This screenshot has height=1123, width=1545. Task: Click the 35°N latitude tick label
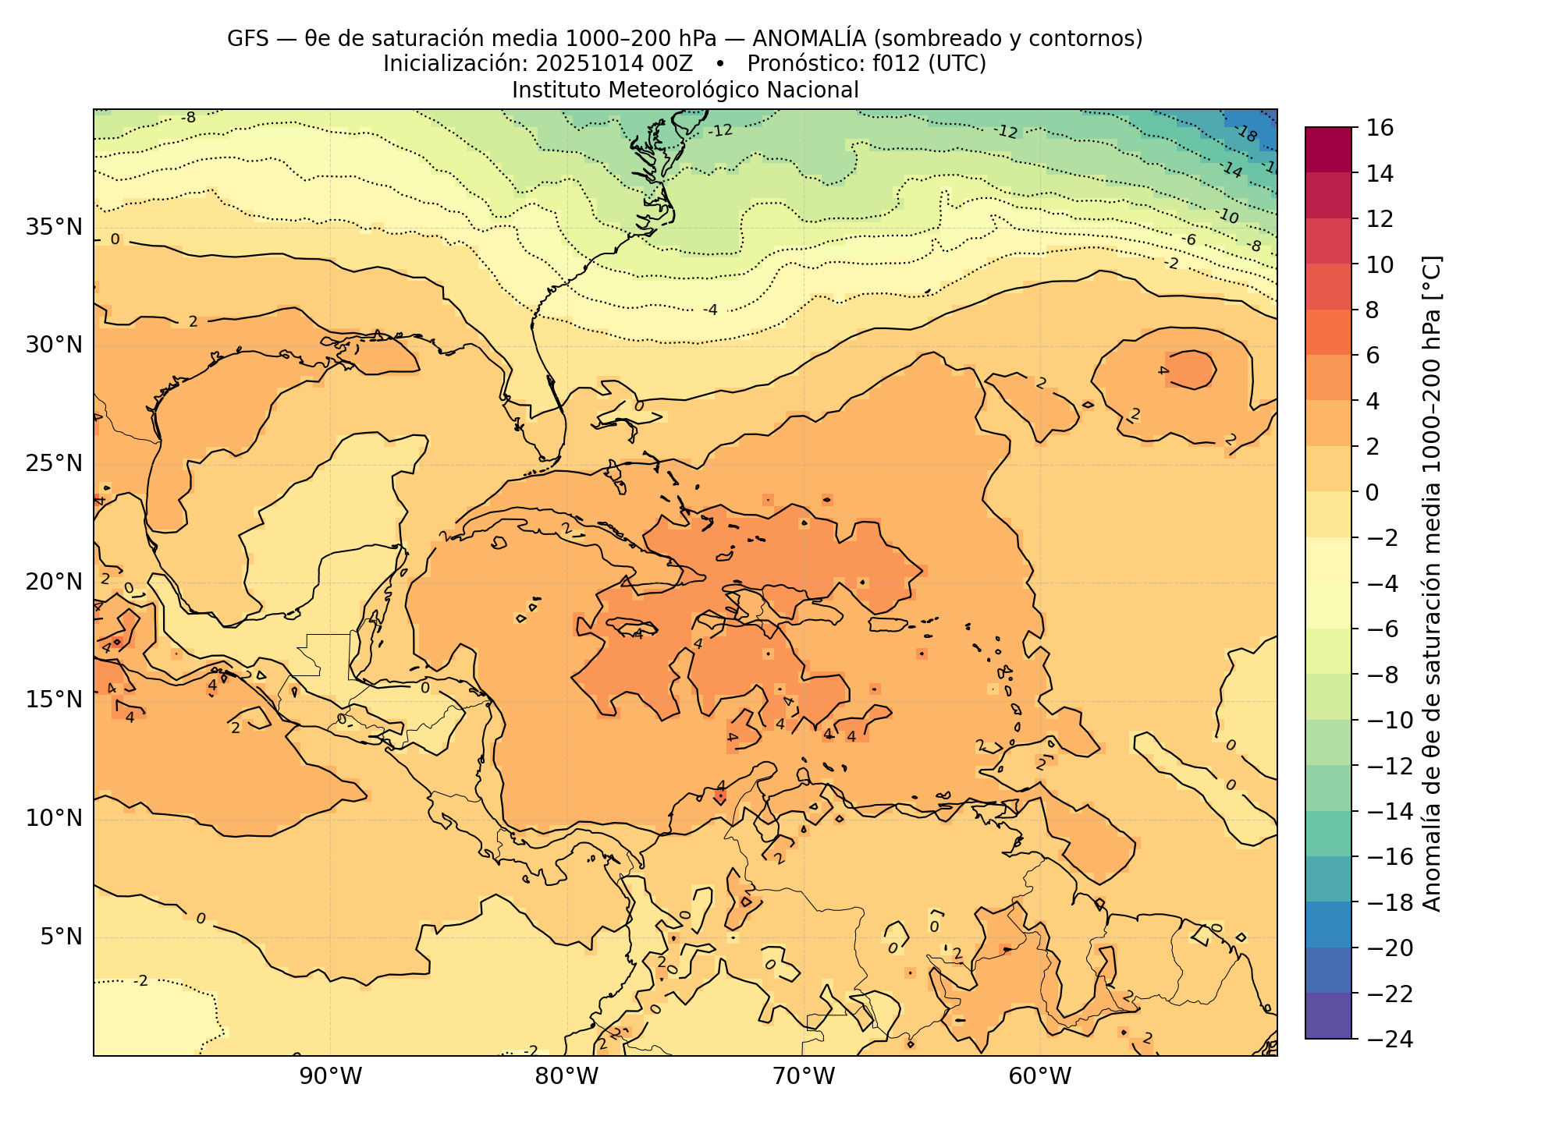point(54,228)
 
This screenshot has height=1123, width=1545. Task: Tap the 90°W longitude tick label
point(331,1077)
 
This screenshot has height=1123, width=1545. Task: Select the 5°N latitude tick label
point(60,936)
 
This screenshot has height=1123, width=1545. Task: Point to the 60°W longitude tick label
point(1040,1077)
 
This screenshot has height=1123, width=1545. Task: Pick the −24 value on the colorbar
point(1390,1040)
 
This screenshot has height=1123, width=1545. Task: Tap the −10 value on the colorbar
point(1390,721)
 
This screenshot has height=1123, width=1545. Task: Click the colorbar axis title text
point(1433,583)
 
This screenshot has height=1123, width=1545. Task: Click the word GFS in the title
point(247,38)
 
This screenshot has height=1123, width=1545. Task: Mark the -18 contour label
point(1246,134)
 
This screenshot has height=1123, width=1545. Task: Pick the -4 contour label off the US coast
point(709,310)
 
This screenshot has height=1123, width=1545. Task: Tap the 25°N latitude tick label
point(54,464)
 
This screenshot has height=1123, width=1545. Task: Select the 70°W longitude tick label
point(804,1077)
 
